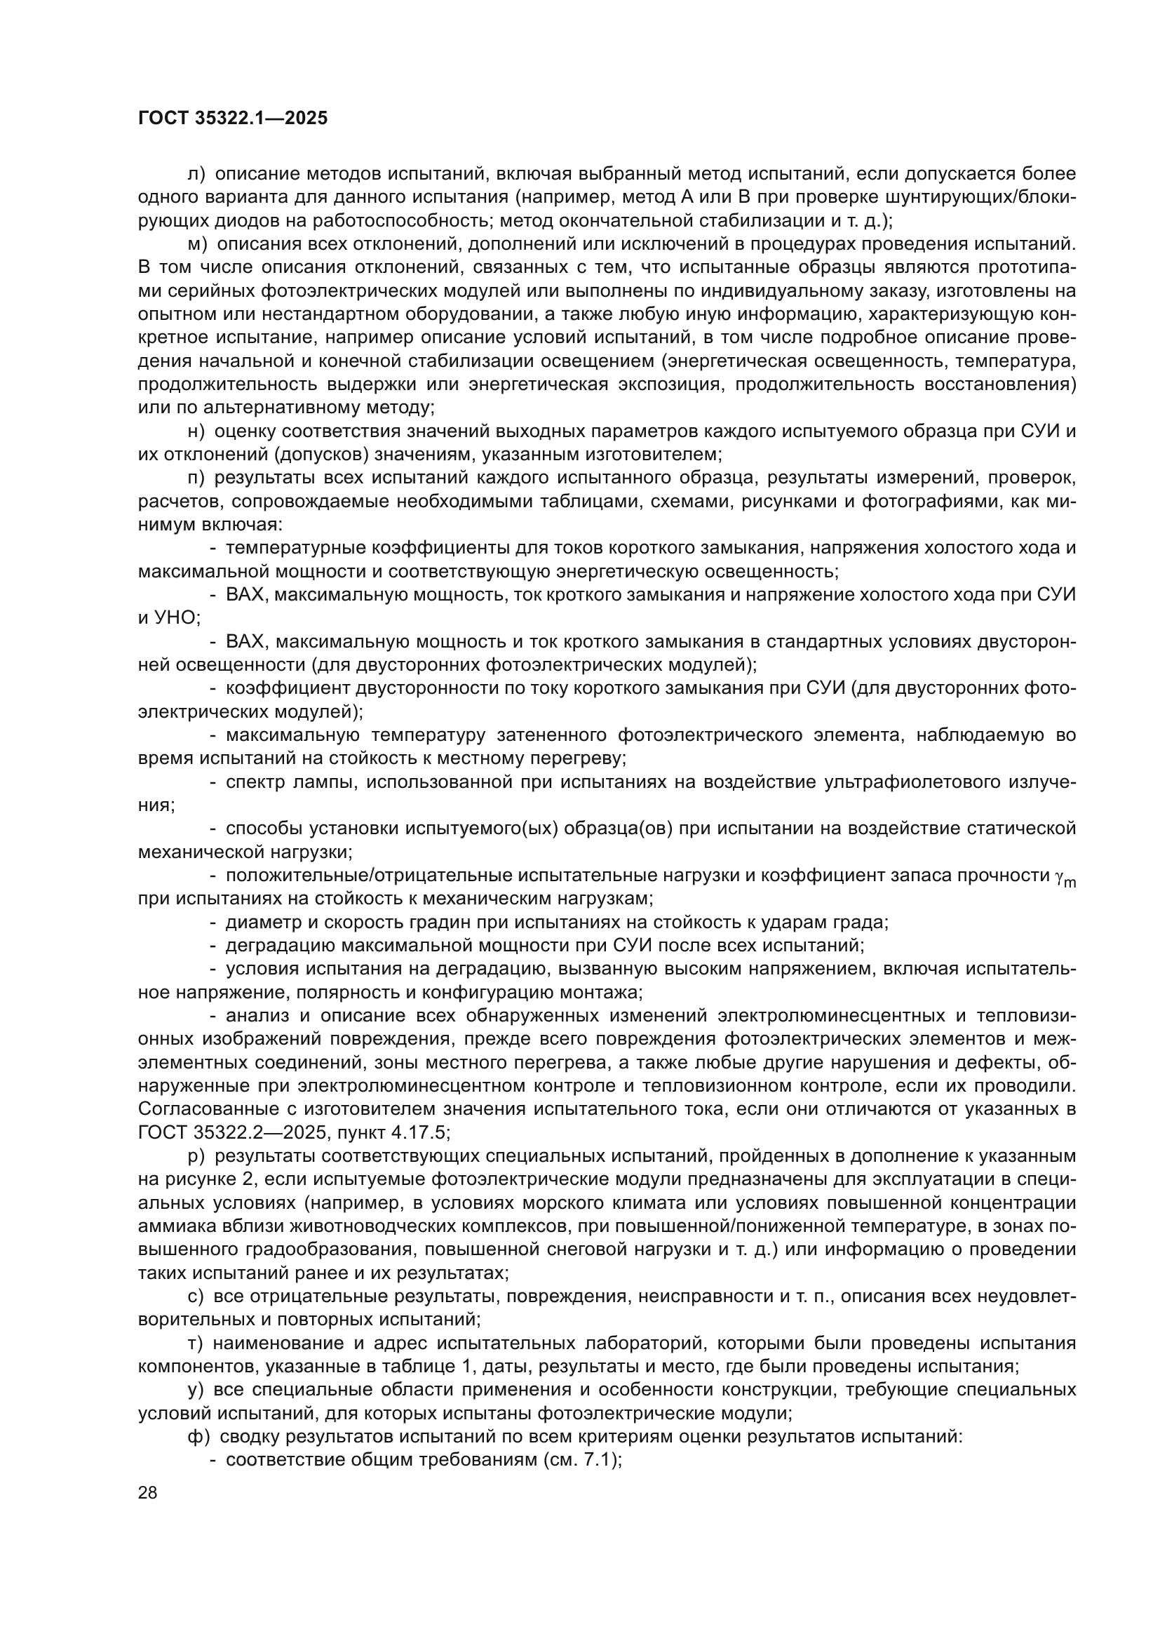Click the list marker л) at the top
click(196, 174)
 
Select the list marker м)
click(197, 243)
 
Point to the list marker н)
click(196, 431)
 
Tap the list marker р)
click(196, 1156)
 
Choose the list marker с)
click(196, 1296)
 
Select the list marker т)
click(196, 1343)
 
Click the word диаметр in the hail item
click(259, 922)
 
